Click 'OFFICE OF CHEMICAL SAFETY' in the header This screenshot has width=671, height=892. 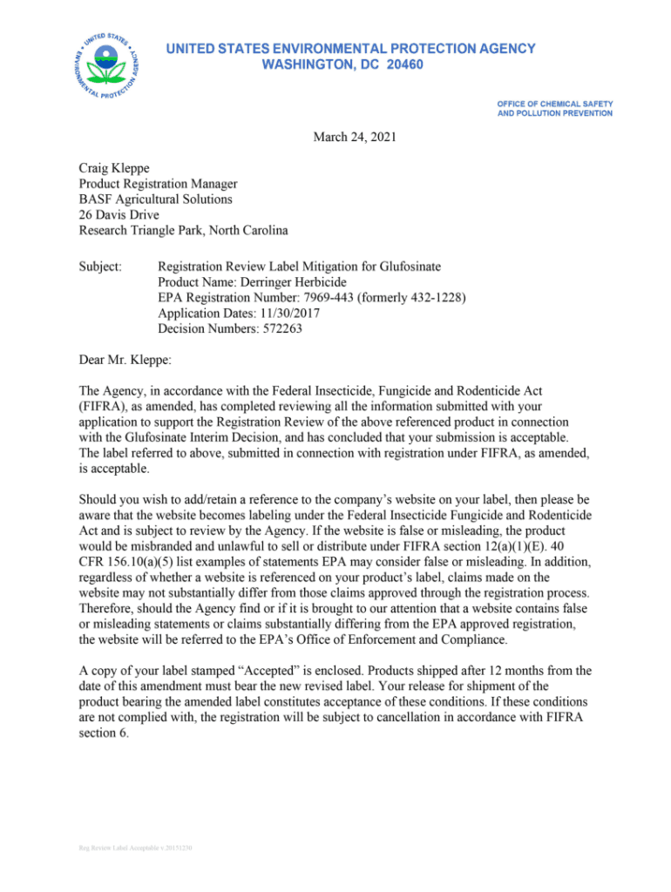[x=555, y=104]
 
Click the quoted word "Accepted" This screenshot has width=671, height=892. [x=283, y=671]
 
